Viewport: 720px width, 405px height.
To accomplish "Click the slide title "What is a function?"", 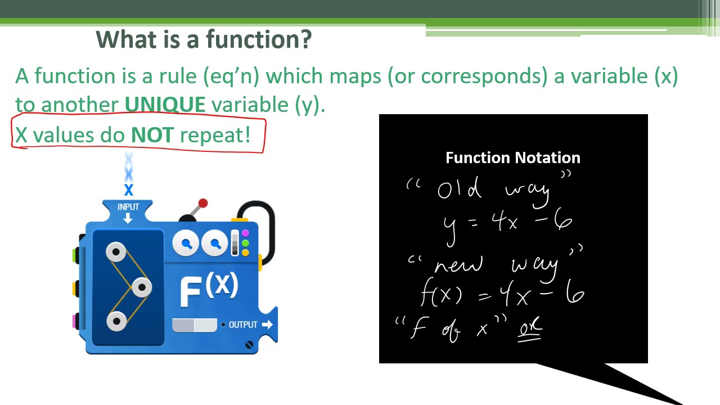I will (203, 39).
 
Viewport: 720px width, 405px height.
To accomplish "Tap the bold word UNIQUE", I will (165, 105).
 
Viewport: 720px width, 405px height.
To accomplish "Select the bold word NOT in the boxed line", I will (152, 135).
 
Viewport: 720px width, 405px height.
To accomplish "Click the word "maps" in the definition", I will (355, 76).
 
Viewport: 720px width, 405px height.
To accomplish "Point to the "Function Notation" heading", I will (512, 157).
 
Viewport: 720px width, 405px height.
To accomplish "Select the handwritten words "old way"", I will (493, 190).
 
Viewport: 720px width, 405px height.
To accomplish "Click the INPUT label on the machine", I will (128, 207).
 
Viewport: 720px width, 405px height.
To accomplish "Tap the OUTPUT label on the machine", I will (243, 325).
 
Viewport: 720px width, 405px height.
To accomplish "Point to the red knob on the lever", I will (203, 203).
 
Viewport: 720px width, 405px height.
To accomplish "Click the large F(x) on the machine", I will (209, 289).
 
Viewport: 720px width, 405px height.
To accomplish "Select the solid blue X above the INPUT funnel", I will (128, 190).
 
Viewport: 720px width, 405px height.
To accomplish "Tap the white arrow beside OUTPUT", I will (267, 325).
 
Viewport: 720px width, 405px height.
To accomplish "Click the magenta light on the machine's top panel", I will (245, 233).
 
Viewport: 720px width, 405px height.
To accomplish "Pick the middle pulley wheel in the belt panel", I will (141, 287).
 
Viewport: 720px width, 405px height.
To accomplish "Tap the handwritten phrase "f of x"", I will (450, 328).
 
